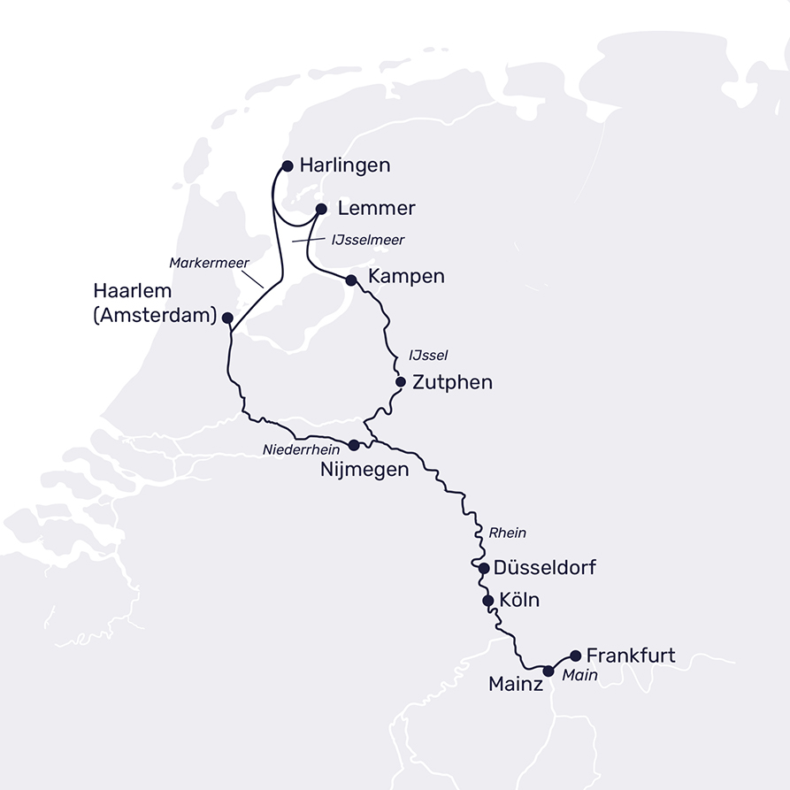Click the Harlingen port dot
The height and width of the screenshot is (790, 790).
(x=287, y=165)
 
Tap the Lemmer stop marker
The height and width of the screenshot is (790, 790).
(x=321, y=210)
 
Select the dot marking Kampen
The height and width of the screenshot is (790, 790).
(x=351, y=280)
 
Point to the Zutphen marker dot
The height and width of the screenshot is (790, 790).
(x=400, y=382)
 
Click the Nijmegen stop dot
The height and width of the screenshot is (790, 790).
(x=354, y=445)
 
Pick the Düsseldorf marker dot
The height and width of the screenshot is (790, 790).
(x=484, y=568)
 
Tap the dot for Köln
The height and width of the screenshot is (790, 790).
(x=487, y=601)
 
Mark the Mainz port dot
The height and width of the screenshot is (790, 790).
(x=548, y=671)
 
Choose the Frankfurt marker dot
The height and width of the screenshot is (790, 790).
(x=576, y=656)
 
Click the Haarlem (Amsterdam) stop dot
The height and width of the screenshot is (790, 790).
(x=227, y=318)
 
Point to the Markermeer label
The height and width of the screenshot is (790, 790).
(x=210, y=263)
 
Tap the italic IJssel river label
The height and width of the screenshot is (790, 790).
(x=428, y=355)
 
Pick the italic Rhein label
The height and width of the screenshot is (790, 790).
(x=507, y=533)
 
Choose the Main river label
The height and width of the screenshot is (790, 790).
(x=579, y=675)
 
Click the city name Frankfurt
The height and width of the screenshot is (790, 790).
(x=631, y=656)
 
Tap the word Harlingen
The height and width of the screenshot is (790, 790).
(x=345, y=165)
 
